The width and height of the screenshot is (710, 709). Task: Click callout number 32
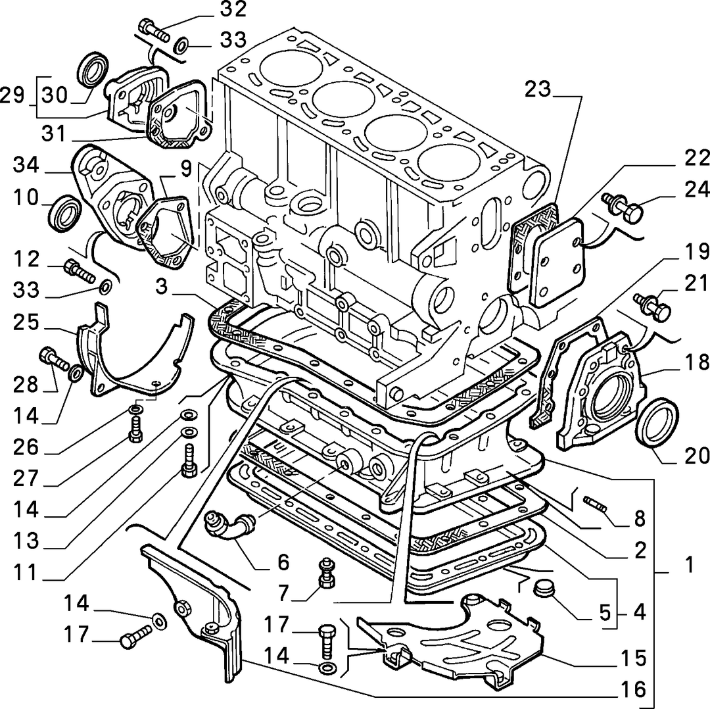coord(233,9)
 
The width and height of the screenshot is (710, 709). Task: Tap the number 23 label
coord(538,89)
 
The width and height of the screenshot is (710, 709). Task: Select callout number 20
coord(696,456)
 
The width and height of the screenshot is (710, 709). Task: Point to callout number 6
coord(283,563)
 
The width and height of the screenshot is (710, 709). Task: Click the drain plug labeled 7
coord(326,573)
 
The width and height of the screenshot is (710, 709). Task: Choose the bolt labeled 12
coord(80,270)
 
